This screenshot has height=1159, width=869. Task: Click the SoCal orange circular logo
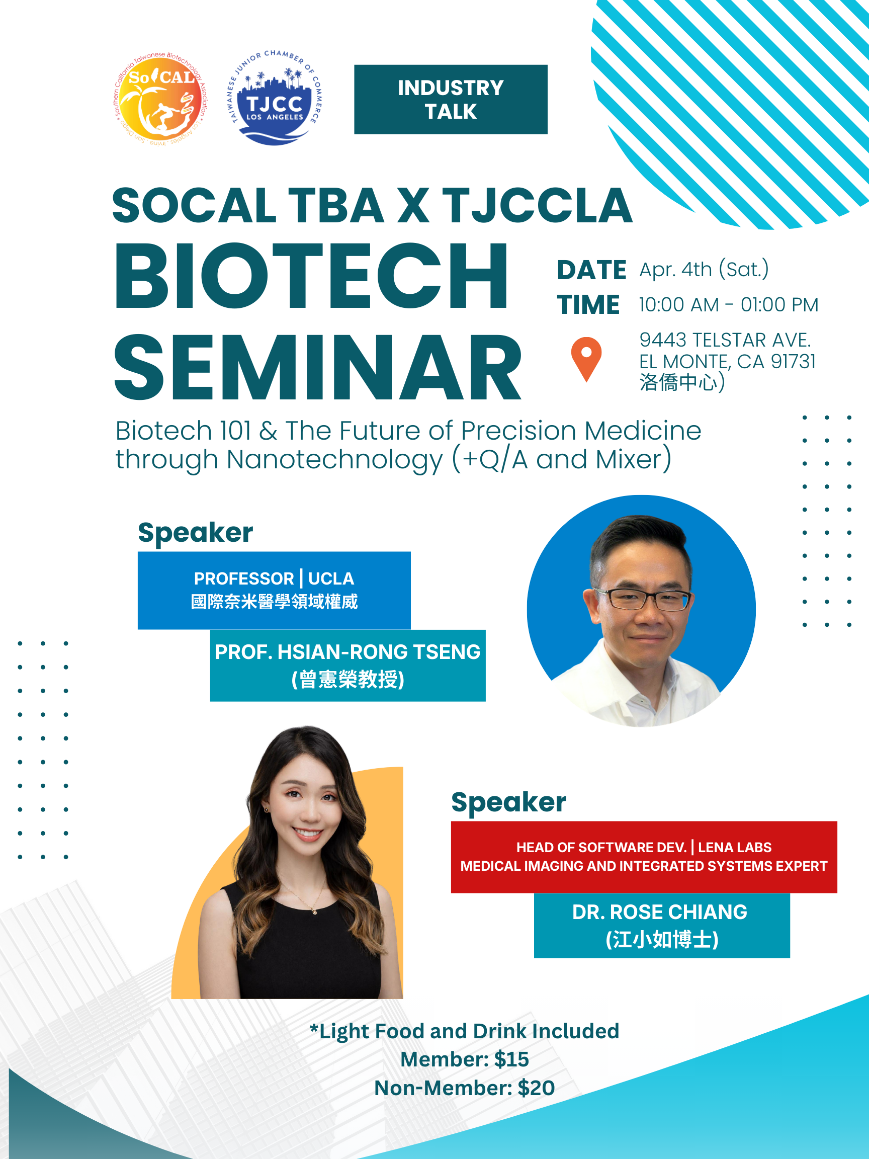160,100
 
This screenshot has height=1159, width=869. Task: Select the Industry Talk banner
451,100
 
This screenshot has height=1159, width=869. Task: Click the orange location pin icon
586,359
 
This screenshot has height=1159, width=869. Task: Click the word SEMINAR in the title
317,367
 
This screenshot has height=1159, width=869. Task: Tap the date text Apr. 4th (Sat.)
704,269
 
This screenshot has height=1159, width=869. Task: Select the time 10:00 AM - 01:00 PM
729,304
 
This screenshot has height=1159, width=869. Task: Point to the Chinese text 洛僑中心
678,382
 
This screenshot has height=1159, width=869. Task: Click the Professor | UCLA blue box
274,590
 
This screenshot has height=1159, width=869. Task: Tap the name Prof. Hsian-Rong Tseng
348,652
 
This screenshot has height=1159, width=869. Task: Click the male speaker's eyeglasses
643,599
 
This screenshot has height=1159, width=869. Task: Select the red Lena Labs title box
644,857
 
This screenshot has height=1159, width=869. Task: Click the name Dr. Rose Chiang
660,912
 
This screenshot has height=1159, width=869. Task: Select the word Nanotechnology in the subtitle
335,459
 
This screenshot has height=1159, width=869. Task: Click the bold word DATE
591,270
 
